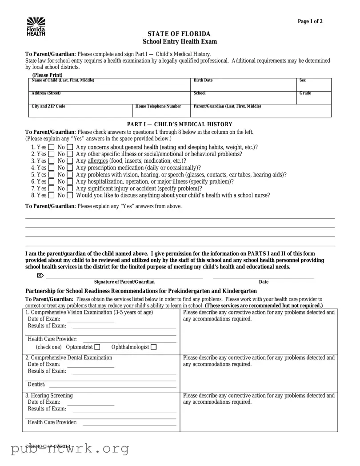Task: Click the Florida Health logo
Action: tap(36, 27)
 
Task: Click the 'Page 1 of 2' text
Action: tap(310, 21)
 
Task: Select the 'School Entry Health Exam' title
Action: tap(180, 42)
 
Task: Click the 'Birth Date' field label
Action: tap(203, 80)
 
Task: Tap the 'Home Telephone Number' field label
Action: tap(158, 107)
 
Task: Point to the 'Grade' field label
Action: tap(305, 93)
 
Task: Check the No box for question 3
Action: tap(70, 161)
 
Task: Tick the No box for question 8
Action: tap(70, 195)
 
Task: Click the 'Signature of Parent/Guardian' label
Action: tap(124, 282)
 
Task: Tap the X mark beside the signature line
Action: tap(40, 276)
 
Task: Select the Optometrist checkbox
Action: tap(97, 347)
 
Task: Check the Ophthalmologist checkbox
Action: tap(154, 347)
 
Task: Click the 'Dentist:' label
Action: tap(36, 385)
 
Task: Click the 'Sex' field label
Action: tap(302, 80)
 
